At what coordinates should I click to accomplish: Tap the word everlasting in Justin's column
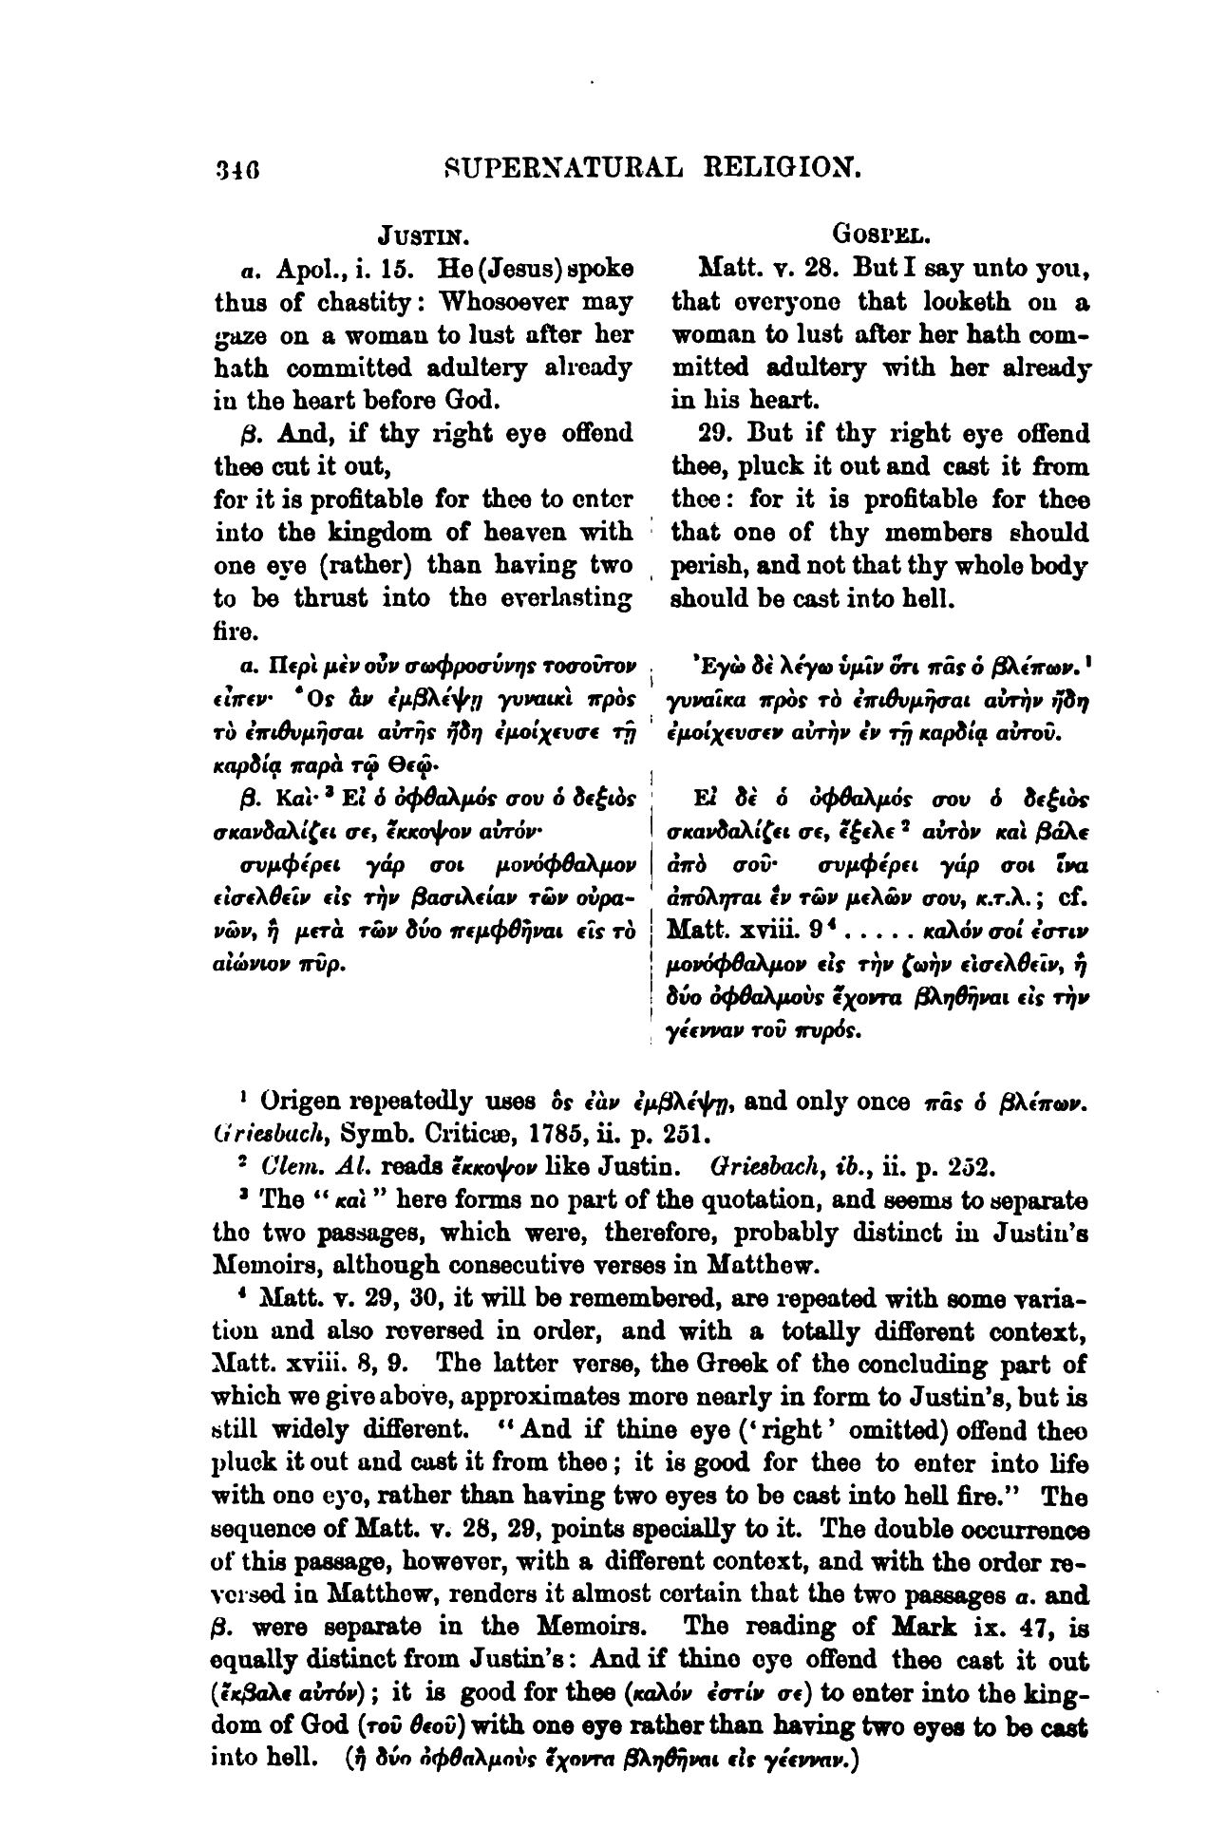(x=568, y=598)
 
